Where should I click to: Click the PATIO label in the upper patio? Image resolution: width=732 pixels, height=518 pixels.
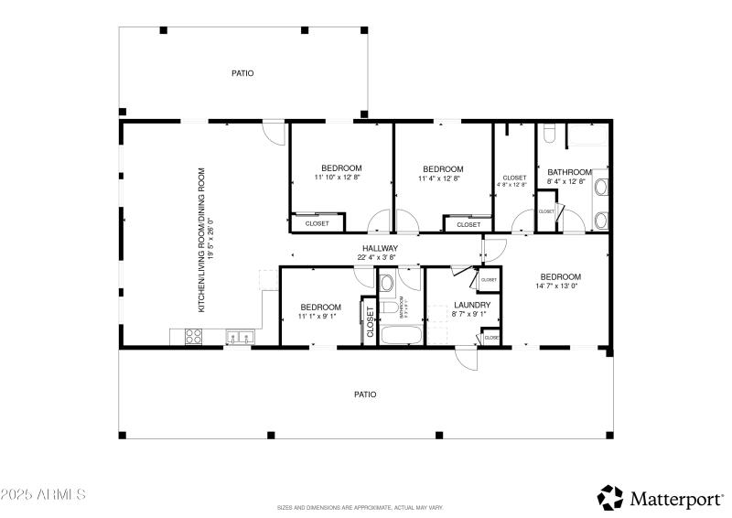[242, 73]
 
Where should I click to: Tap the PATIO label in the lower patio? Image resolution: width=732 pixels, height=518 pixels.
[365, 394]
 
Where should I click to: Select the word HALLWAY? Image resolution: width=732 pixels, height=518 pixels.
[380, 248]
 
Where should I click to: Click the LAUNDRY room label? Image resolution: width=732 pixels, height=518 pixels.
[472, 305]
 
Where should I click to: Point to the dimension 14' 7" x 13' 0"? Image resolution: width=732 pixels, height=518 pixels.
[560, 286]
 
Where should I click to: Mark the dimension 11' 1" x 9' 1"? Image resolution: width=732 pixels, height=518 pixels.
[321, 317]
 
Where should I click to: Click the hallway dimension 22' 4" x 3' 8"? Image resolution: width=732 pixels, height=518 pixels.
[380, 257]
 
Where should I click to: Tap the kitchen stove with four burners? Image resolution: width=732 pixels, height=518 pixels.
[194, 338]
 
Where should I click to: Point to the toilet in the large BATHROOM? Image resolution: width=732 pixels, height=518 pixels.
[549, 135]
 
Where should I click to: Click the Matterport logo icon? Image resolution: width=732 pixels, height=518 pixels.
[610, 497]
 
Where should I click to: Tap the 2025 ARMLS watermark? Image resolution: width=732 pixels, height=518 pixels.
[43, 494]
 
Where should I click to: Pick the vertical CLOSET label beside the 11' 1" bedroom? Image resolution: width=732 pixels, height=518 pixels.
[371, 322]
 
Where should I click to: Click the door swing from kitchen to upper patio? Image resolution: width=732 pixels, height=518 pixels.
[271, 132]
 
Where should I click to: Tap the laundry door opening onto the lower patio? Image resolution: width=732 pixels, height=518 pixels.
[467, 357]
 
